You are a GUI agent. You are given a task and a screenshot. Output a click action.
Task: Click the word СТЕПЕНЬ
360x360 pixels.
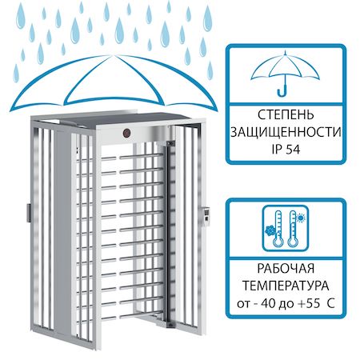click(x=286, y=115)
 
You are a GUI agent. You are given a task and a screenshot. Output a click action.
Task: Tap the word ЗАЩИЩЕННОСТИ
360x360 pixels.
click(x=286, y=132)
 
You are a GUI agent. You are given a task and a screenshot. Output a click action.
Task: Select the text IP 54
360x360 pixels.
click(x=286, y=150)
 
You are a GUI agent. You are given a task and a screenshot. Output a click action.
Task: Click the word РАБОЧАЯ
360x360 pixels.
click(x=286, y=269)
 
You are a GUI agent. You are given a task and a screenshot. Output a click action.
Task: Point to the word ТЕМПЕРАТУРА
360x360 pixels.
click(x=286, y=286)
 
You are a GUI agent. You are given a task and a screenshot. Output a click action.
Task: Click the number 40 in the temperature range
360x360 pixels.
click(x=269, y=303)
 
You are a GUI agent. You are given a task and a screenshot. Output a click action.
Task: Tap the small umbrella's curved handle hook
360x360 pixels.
click(x=282, y=91)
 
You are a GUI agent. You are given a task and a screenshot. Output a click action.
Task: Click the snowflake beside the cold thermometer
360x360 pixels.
click(x=270, y=230)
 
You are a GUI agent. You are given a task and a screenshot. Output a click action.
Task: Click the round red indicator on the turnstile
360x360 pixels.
click(x=126, y=133)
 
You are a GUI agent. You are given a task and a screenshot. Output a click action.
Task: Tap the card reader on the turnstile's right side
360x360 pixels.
click(x=206, y=217)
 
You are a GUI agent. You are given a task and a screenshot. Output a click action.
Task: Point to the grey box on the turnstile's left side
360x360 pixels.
click(x=29, y=213)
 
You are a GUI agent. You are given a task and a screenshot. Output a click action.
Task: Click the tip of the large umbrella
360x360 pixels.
click(x=112, y=55)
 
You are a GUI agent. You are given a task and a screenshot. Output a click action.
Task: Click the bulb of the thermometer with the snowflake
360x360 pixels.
click(x=278, y=242)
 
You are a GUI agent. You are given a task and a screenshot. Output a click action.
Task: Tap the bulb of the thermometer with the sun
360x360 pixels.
click(x=292, y=242)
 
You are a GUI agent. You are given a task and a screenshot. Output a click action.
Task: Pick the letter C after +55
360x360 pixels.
click(x=330, y=303)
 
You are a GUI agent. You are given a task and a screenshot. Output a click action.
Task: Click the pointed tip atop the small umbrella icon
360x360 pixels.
click(x=286, y=53)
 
